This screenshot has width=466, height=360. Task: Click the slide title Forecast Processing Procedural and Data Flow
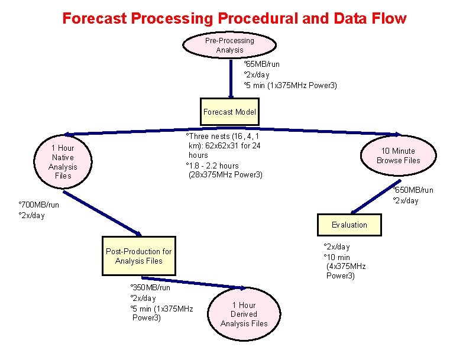point(234,18)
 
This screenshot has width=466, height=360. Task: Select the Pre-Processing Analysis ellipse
point(229,45)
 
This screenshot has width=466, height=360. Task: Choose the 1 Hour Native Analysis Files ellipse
point(63,161)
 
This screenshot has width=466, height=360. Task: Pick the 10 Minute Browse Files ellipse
point(398,155)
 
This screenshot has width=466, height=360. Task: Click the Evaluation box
point(349,225)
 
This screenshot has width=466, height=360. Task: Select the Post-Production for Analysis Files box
point(138,256)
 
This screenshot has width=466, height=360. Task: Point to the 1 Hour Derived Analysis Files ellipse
point(244,314)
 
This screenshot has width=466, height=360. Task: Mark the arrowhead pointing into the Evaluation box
point(354,210)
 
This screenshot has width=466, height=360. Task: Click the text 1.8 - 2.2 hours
point(213,166)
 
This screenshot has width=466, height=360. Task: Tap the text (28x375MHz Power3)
point(225,175)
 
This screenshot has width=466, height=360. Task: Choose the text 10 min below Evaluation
point(337,257)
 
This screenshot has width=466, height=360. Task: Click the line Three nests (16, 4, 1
point(224,137)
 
